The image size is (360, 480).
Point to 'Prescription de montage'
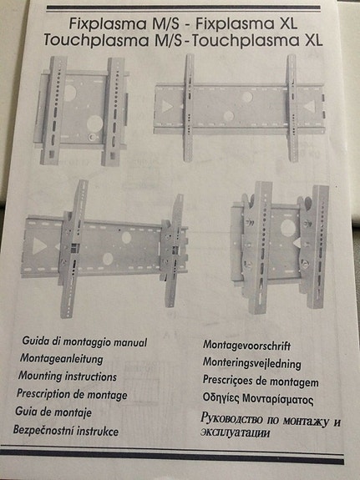point(73,394)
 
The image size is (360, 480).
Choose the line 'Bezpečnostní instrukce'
point(66,431)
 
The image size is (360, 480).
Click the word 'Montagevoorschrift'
point(252,345)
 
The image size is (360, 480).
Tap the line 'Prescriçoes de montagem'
point(260,381)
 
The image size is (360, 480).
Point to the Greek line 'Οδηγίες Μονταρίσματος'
point(258,400)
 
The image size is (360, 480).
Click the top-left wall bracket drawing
point(84,109)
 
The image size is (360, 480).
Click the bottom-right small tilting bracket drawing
point(276,246)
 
